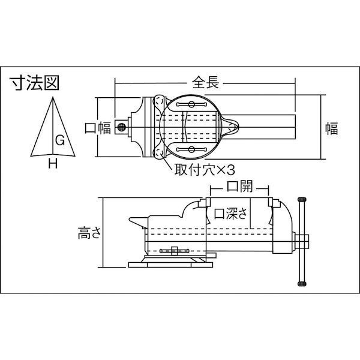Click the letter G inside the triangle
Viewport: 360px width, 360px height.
(60, 140)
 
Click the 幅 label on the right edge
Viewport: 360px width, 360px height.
(332, 127)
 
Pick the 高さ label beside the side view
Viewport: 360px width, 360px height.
(88, 232)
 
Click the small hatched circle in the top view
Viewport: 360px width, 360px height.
(122, 127)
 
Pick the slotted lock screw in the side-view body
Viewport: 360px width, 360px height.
(174, 248)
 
